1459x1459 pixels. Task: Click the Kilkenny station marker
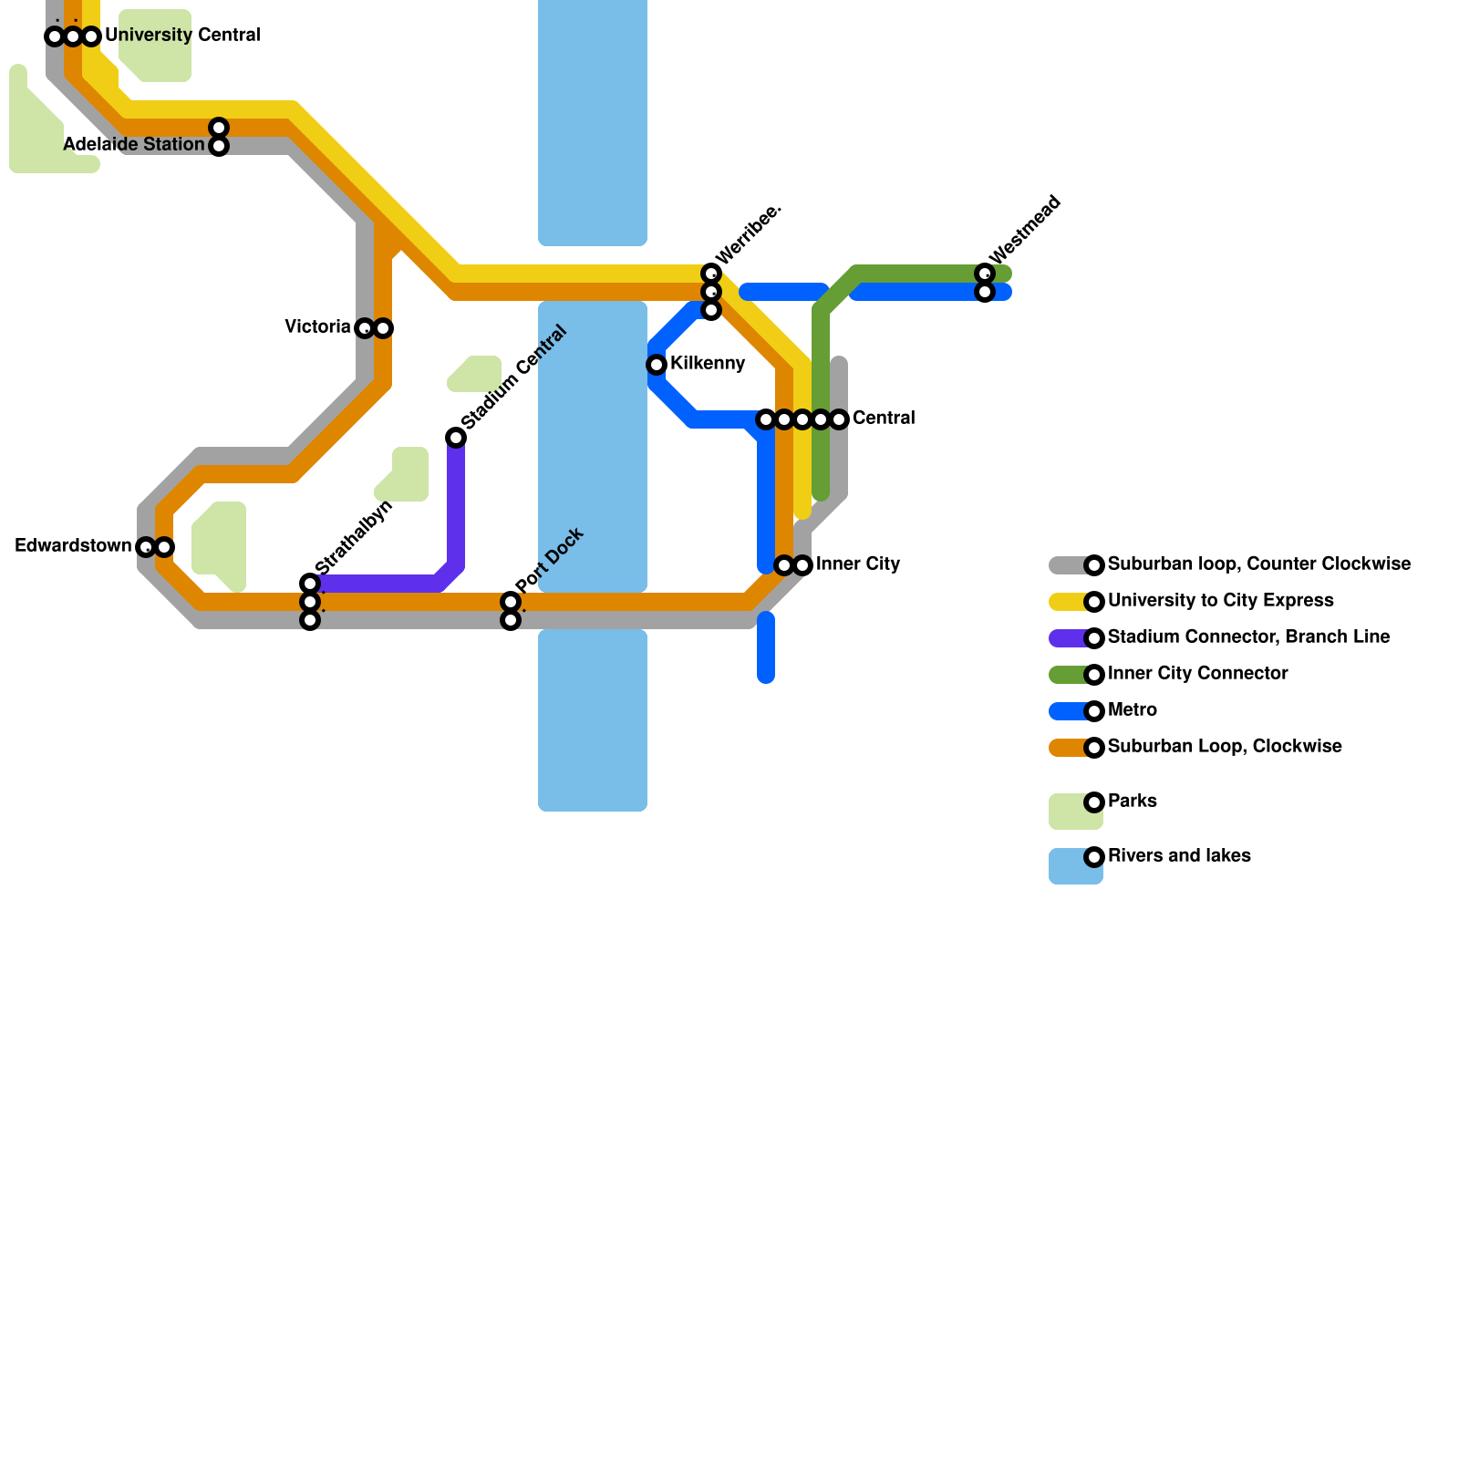(657, 365)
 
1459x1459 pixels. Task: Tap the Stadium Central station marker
(456, 438)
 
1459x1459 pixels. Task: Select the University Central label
(182, 36)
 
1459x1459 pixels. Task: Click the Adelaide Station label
(134, 145)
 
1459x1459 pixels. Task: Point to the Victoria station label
(317, 326)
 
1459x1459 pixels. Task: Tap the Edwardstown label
(74, 546)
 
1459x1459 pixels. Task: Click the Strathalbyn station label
(354, 538)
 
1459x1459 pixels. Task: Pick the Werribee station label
(748, 234)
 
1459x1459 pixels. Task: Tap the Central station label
(884, 419)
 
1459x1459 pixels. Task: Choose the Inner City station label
(858, 564)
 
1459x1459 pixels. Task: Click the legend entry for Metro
(1132, 710)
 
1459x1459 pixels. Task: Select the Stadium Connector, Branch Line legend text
(1248, 637)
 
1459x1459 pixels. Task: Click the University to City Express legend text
(1220, 601)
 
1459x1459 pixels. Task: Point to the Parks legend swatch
(1075, 811)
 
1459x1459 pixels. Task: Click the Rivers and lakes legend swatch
(1075, 865)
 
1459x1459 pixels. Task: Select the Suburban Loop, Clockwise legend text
(1225, 747)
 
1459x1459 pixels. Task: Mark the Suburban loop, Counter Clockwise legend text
(1258, 564)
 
